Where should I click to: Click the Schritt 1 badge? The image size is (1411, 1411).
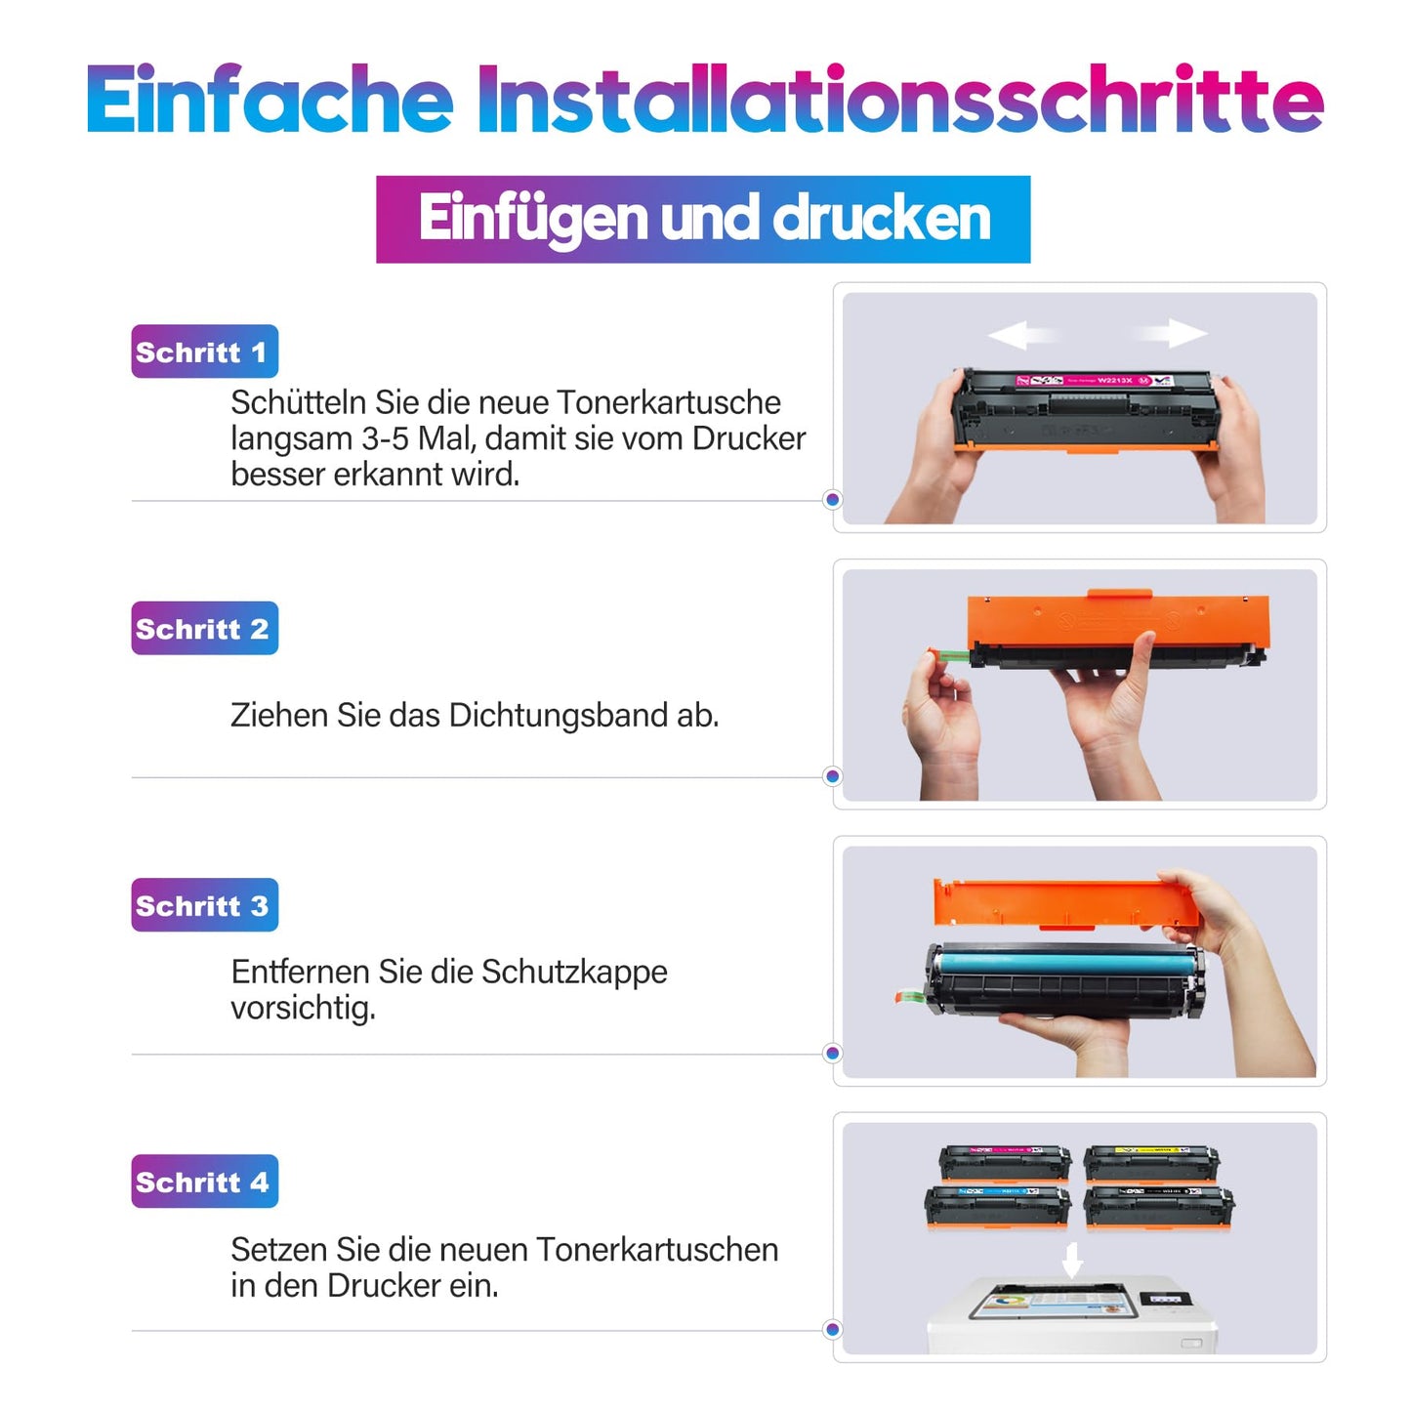click(204, 352)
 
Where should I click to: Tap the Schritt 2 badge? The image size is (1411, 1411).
click(204, 628)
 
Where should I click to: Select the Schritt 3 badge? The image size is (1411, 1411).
click(204, 905)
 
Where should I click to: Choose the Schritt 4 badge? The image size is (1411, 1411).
click(204, 1182)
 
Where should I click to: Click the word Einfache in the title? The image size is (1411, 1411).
click(270, 100)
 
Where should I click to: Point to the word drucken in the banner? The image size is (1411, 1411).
click(882, 218)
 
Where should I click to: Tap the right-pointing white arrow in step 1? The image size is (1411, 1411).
click(1170, 333)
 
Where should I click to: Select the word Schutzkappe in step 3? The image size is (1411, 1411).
click(574, 974)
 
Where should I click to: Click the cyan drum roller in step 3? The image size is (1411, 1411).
click(1063, 962)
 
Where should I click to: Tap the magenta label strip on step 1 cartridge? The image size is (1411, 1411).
click(1094, 380)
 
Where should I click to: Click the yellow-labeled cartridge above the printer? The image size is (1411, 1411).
click(1152, 1164)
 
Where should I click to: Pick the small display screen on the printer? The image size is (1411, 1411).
click(1166, 1301)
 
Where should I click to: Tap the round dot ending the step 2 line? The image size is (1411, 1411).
click(832, 776)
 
